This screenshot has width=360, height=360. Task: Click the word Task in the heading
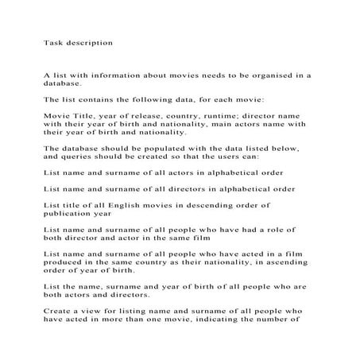click(x=52, y=41)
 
